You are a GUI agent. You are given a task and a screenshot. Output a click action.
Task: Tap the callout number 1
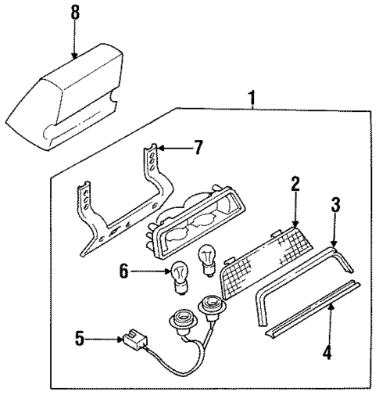tap(252, 99)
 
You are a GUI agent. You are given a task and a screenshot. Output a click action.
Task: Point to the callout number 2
tap(295, 185)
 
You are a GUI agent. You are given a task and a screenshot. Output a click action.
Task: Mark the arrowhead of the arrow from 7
tap(162, 146)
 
